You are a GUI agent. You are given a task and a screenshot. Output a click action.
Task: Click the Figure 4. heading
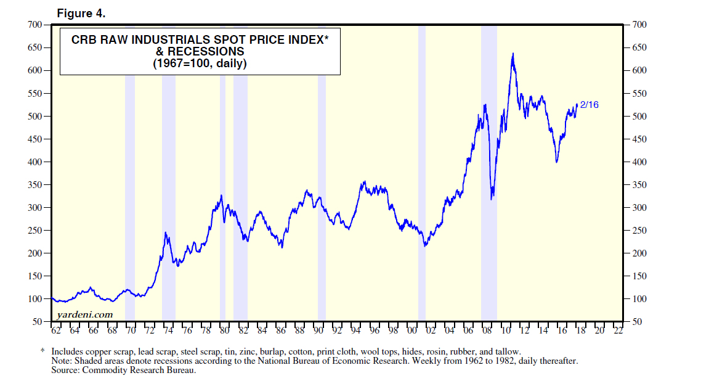pyautogui.click(x=80, y=12)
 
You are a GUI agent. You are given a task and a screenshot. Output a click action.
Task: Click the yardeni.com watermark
pyautogui.click(x=84, y=314)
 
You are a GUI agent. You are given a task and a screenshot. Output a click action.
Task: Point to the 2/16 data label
pyautogui.click(x=590, y=105)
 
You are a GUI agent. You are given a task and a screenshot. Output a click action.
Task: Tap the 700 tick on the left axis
pyautogui.click(x=34, y=25)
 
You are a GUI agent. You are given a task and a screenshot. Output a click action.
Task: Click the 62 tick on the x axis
pyautogui.click(x=56, y=331)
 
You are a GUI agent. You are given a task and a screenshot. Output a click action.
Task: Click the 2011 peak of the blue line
pyautogui.click(x=513, y=54)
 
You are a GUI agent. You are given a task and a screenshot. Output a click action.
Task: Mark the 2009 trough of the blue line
pyautogui.click(x=492, y=199)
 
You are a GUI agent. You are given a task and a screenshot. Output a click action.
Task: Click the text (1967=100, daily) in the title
pyautogui.click(x=200, y=63)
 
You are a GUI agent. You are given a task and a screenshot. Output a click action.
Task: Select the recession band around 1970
pyautogui.click(x=130, y=185)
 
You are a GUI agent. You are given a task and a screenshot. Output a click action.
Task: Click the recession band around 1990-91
pyautogui.click(x=322, y=185)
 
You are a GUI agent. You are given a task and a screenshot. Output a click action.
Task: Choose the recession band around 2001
pyautogui.click(x=422, y=185)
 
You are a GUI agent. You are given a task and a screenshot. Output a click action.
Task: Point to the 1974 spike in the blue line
pyautogui.click(x=165, y=233)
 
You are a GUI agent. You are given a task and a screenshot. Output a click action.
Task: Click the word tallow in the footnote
pyautogui.click(x=509, y=351)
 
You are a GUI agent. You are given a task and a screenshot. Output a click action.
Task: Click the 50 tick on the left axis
pyautogui.click(x=36, y=322)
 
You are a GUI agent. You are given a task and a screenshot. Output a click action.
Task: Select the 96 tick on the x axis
pyautogui.click(x=375, y=331)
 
